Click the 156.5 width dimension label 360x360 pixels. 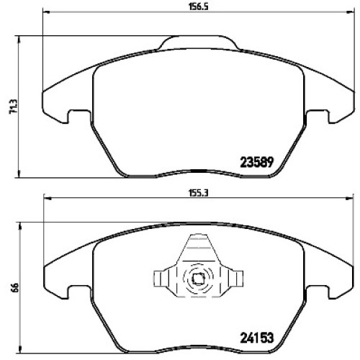click(x=198, y=6)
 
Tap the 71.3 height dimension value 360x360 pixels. click(x=14, y=107)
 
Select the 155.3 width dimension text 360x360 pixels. click(x=198, y=193)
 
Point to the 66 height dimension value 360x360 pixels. click(x=14, y=287)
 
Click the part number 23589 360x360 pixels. click(x=257, y=162)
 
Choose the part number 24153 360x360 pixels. click(x=257, y=338)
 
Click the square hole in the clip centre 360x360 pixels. click(x=198, y=279)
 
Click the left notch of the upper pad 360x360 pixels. click(x=78, y=117)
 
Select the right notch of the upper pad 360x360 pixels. click(x=318, y=117)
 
